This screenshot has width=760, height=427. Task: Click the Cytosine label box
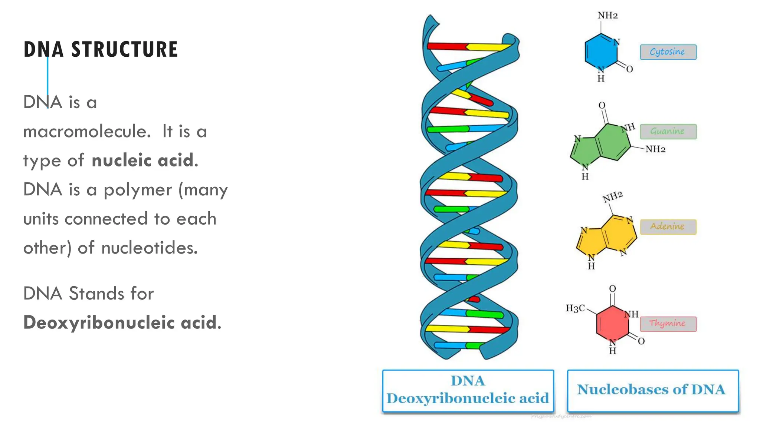point(668,52)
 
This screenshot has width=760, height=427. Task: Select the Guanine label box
point(668,132)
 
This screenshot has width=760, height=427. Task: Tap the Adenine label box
point(668,226)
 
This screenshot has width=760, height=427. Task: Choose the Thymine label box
point(668,324)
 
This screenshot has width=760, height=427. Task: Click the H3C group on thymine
point(575,308)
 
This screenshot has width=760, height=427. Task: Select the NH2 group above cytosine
point(607,16)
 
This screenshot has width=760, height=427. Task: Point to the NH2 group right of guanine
point(655,149)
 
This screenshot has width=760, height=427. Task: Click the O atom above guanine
point(602,106)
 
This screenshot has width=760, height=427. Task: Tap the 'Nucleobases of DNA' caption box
point(653,390)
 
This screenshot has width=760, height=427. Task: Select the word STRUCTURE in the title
point(125,50)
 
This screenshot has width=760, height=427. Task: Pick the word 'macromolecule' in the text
point(87,132)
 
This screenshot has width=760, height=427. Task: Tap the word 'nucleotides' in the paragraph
point(149,248)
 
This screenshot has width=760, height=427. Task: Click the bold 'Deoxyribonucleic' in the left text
point(99,322)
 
